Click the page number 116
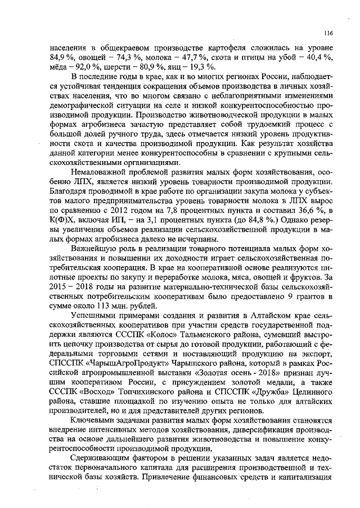click(328, 33)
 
